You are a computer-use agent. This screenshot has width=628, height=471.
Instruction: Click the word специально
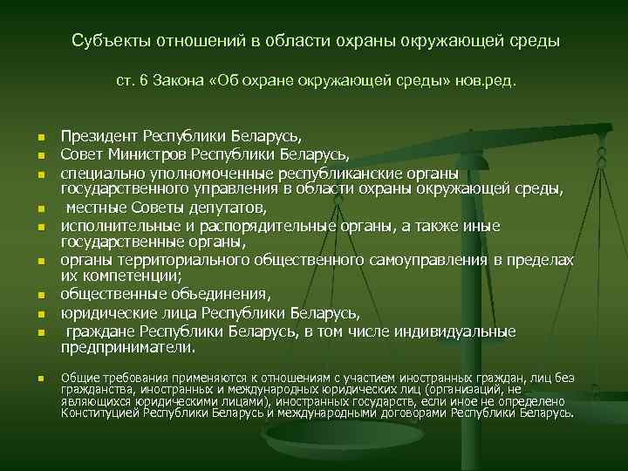101,174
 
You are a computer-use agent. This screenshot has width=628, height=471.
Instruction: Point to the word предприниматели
126,348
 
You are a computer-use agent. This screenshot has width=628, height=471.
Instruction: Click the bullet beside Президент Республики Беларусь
40,139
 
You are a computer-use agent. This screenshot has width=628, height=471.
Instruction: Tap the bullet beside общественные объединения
40,297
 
